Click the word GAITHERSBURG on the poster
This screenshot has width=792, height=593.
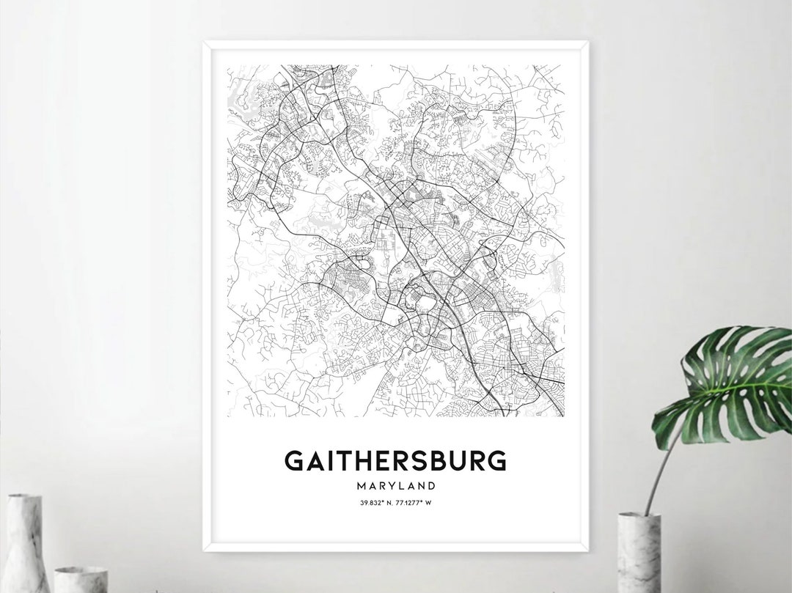(395, 460)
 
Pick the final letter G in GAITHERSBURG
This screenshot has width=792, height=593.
(497, 460)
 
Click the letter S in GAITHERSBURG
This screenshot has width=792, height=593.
(419, 460)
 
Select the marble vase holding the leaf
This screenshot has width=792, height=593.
(639, 553)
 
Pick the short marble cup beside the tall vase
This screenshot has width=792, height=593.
(81, 579)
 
